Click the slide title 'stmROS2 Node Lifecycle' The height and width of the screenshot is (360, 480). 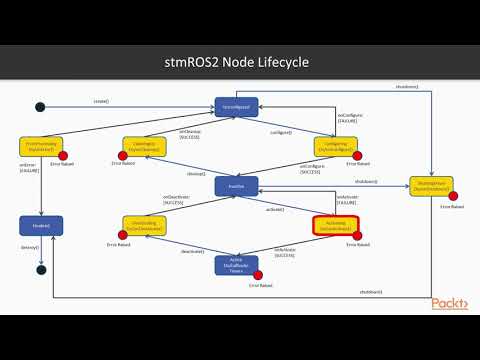239,64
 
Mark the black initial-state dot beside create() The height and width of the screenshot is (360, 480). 40,107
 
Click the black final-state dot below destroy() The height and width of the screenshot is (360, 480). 40,268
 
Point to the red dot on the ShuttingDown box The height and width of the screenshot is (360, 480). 453,195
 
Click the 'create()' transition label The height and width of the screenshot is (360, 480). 101,102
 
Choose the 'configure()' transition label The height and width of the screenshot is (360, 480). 281,131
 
